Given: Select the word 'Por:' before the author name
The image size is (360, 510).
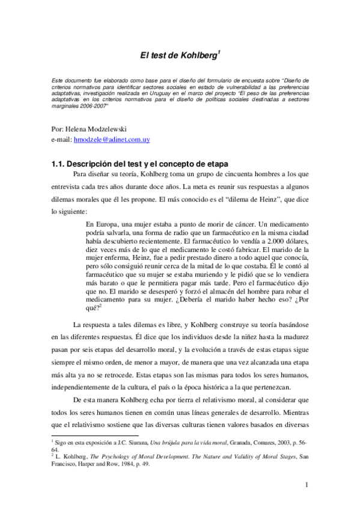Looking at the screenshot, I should coord(58,129).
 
